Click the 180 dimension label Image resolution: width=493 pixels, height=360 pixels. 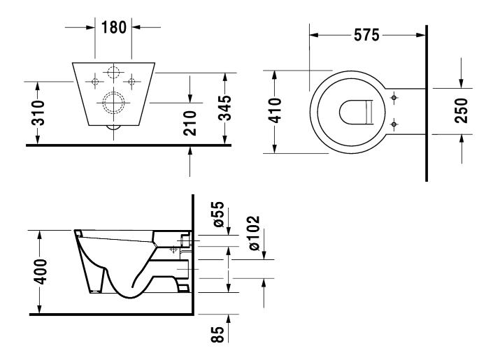click(x=114, y=28)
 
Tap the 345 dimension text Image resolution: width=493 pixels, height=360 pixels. click(x=226, y=108)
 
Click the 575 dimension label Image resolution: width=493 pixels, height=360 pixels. click(x=366, y=34)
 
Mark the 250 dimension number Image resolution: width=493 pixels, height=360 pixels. click(x=462, y=110)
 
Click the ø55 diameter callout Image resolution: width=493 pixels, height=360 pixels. click(x=218, y=215)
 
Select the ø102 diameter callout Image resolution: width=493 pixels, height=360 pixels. click(x=253, y=231)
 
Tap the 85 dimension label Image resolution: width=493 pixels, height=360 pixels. click(x=218, y=335)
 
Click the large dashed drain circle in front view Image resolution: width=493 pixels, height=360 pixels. click(x=114, y=103)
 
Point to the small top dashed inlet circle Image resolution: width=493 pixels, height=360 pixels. click(x=114, y=72)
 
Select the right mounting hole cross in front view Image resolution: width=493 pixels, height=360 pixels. click(x=131, y=82)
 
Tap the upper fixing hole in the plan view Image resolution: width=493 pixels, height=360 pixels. click(x=395, y=96)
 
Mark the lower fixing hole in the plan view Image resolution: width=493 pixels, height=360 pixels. click(x=395, y=124)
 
